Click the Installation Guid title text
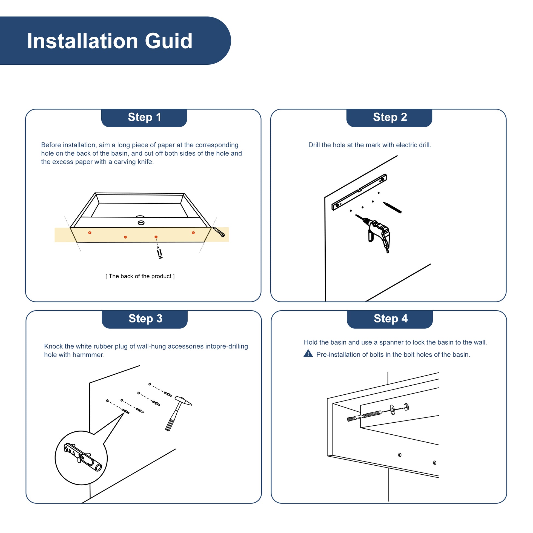(110, 41)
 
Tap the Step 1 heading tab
(144, 118)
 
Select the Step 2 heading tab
(389, 118)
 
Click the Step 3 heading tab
(145, 319)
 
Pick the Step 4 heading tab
(390, 319)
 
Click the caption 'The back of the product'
(140, 276)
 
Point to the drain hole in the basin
(141, 223)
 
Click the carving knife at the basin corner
(219, 232)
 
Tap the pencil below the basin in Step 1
(159, 253)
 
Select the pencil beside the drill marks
(392, 207)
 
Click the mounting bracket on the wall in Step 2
(359, 192)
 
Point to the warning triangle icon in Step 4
(308, 353)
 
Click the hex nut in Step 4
(406, 407)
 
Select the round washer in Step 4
(392, 410)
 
